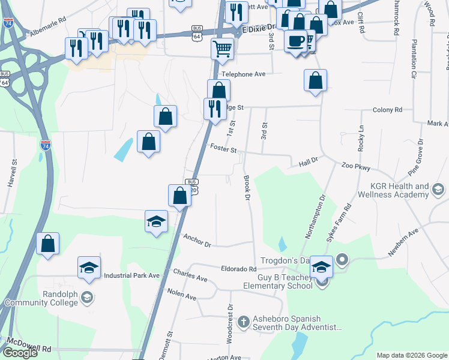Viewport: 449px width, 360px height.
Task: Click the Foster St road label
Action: (x=223, y=148)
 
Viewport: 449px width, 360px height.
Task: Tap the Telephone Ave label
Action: (x=243, y=74)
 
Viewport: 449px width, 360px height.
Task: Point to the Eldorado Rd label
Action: (x=239, y=269)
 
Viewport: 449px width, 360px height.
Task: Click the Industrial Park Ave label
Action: (x=132, y=275)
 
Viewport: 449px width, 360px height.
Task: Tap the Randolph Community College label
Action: (x=41, y=299)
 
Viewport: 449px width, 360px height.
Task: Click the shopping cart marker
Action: (x=222, y=49)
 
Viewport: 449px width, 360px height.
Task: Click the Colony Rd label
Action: (x=387, y=110)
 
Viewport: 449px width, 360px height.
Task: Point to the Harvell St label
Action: (x=11, y=175)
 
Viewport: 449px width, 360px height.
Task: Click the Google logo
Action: (x=20, y=353)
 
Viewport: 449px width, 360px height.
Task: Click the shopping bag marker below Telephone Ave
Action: (x=315, y=80)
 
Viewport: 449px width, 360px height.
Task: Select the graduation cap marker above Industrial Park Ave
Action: (x=89, y=267)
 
